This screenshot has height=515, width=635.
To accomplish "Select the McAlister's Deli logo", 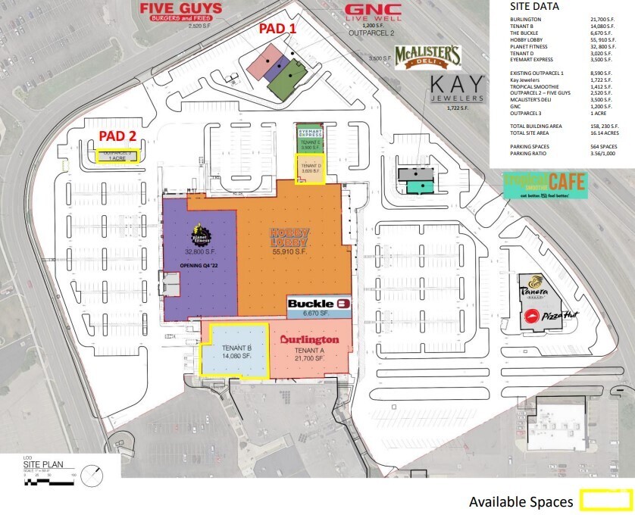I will point(428,58).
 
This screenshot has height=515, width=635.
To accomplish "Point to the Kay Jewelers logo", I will point(455,89).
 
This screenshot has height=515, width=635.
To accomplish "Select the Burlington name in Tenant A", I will point(309,340).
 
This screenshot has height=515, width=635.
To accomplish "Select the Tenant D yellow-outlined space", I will point(310,167).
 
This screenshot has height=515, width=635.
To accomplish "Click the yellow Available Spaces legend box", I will point(604,501).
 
